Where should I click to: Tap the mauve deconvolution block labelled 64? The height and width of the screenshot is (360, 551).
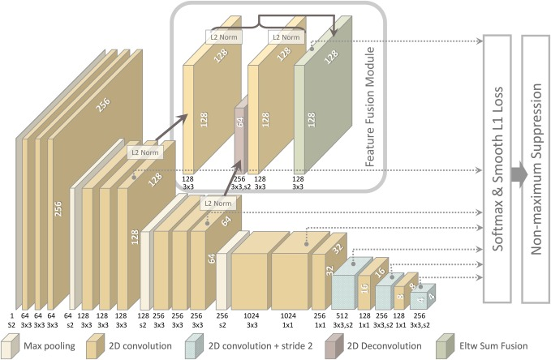240,134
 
